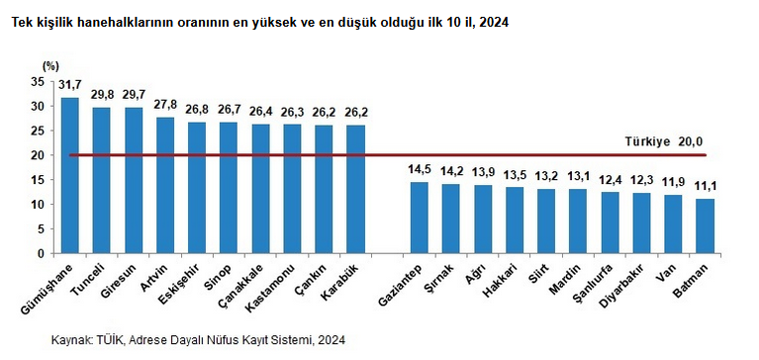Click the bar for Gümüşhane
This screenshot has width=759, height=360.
[x=69, y=175]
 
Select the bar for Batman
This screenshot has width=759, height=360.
[x=705, y=225]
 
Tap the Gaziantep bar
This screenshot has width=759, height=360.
[x=420, y=218]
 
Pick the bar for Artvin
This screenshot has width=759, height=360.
[x=165, y=185]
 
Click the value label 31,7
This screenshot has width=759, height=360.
[x=69, y=85]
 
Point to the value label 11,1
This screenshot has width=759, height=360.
[x=705, y=187]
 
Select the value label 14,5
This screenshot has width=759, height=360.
[x=420, y=170]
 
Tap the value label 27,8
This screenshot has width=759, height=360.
[x=165, y=105]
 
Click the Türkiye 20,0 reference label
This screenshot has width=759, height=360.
[x=663, y=141]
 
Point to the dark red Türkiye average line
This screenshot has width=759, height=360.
[x=388, y=155]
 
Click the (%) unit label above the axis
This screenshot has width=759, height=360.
[x=50, y=65]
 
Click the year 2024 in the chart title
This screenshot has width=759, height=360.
[x=496, y=23]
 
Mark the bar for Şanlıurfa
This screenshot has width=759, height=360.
[x=610, y=223]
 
